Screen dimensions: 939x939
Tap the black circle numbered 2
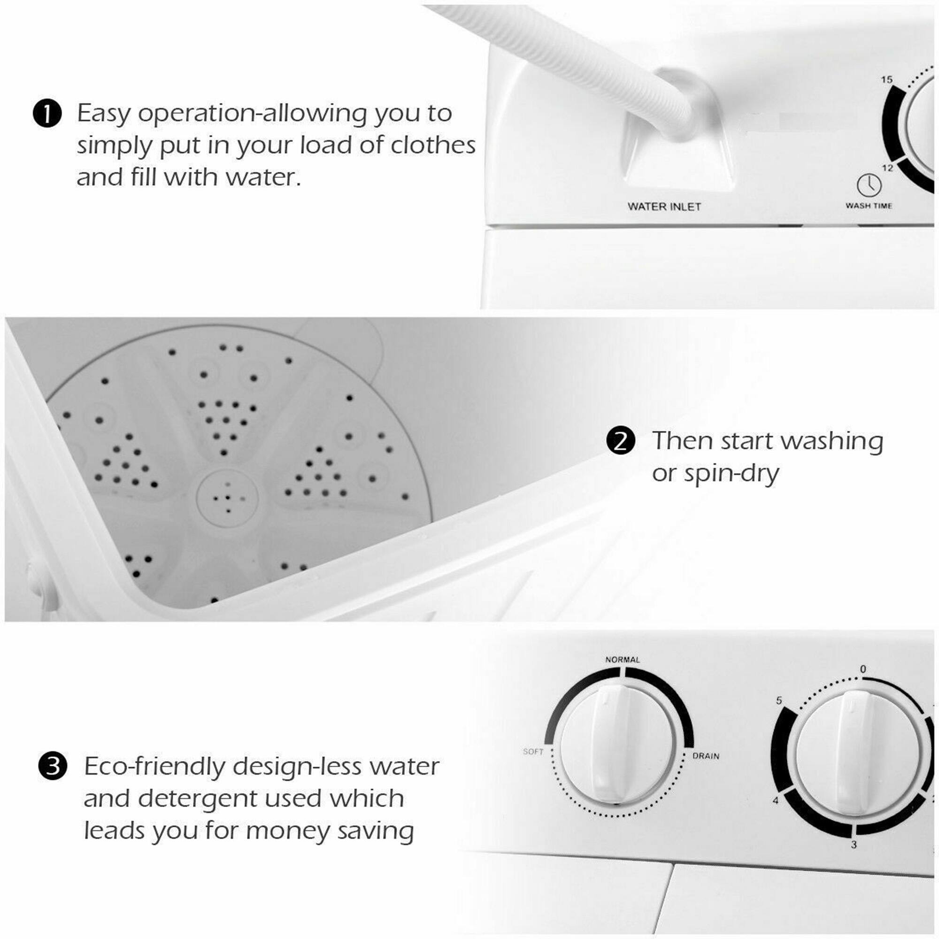point(621,441)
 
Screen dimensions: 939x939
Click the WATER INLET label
point(664,207)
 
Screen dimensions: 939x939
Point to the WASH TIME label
point(869,206)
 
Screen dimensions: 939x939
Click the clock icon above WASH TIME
point(869,185)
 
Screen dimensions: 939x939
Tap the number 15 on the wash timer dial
point(886,79)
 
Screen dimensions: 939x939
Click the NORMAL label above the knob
point(622,660)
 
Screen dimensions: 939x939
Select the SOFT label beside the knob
point(533,751)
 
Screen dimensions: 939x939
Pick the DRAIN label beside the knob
point(706,756)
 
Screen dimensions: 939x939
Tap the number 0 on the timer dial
point(862,669)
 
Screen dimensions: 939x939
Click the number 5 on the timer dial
point(779,700)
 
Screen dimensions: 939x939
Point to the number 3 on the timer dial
point(854,845)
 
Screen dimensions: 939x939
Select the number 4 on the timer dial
point(776,800)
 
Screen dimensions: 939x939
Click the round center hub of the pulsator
point(227,498)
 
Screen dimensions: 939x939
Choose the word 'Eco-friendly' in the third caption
point(154,767)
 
